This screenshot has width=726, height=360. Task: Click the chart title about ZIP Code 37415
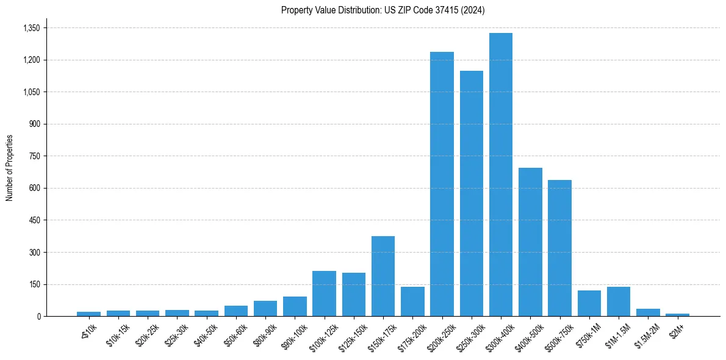[383, 10]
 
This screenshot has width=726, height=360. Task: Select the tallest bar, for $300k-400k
[501, 175]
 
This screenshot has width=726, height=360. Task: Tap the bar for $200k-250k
[442, 184]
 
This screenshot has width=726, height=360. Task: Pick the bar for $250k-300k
[472, 193]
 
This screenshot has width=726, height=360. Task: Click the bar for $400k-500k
[530, 242]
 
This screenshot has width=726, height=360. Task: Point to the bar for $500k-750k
[559, 248]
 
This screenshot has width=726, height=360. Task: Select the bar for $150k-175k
[383, 276]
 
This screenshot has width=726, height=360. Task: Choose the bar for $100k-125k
[324, 293]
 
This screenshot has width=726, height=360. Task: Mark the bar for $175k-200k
[412, 301]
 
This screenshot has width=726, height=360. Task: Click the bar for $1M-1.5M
[619, 301]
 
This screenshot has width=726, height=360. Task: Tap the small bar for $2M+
[677, 315]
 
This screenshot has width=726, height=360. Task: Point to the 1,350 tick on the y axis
[31, 28]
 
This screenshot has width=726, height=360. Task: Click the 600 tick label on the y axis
[34, 188]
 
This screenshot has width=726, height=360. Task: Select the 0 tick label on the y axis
[38, 316]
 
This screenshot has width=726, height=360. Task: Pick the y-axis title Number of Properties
[10, 168]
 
